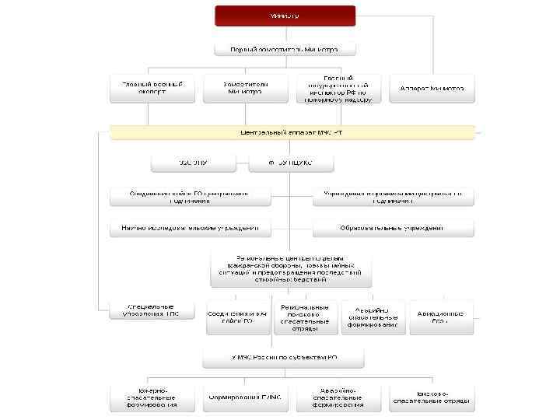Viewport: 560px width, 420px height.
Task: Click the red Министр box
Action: click(285, 16)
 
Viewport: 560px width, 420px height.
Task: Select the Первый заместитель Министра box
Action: click(285, 49)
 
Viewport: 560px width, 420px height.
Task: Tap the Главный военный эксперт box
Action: click(152, 88)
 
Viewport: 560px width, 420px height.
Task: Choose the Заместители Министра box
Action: click(246, 88)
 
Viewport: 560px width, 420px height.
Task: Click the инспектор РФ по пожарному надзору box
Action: click(339, 89)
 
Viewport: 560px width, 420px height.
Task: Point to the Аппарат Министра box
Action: click(432, 88)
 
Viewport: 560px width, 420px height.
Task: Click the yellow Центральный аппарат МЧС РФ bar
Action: click(292, 132)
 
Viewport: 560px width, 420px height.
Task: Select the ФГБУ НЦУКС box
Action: click(291, 163)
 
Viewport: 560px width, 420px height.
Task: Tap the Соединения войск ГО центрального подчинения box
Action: click(191, 196)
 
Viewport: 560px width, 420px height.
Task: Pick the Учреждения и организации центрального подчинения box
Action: click(393, 196)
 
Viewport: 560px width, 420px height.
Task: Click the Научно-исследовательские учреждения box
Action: click(191, 229)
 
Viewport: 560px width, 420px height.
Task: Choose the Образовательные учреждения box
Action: click(393, 229)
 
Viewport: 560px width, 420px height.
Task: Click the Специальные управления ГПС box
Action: click(151, 310)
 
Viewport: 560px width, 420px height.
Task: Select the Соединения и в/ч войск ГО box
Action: click(236, 317)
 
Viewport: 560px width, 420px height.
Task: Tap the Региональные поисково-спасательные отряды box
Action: click(306, 317)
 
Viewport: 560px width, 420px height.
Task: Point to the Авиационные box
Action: click(440, 317)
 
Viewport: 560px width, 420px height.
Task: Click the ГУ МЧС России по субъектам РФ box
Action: click(285, 357)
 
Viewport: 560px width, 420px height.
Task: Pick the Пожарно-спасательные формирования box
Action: click(152, 397)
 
